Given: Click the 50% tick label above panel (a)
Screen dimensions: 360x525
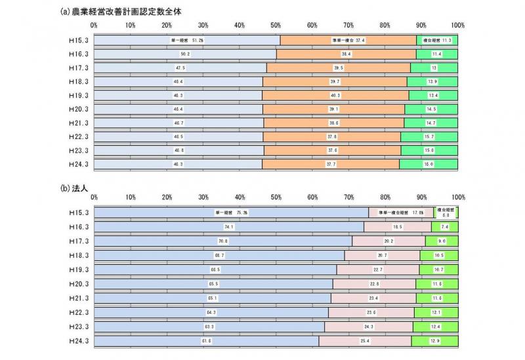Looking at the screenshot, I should click(276, 26).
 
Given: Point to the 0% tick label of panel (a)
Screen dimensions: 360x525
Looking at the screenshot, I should click(94, 26).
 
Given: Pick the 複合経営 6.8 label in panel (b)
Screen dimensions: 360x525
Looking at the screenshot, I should click(446, 212).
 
